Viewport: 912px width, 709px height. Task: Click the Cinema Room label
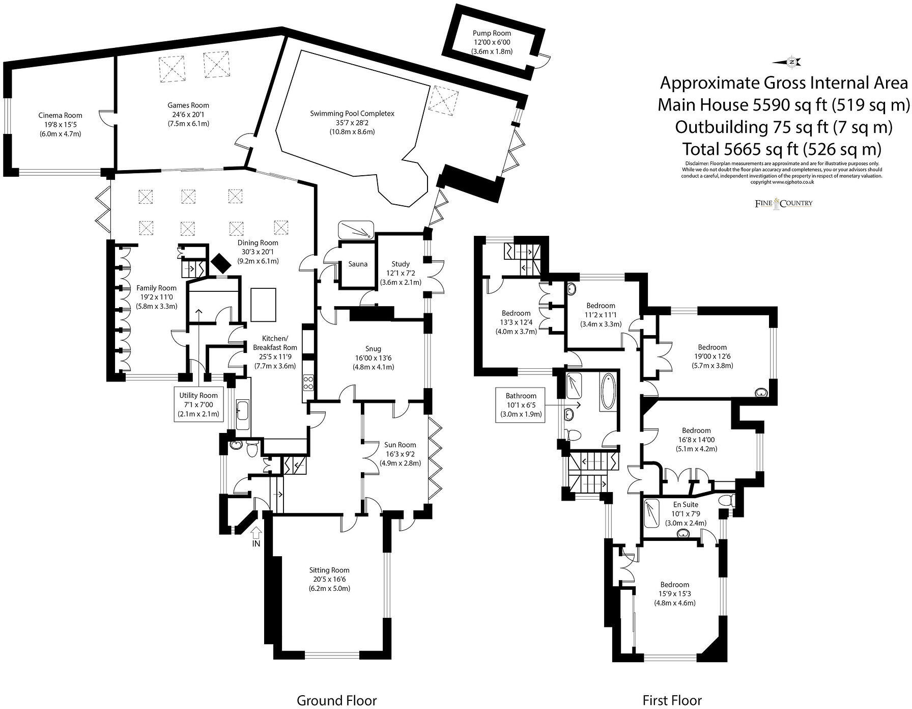click(60, 116)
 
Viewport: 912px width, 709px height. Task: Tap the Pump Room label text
click(491, 34)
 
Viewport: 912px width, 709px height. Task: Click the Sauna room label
click(358, 264)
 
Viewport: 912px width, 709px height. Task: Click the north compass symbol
click(787, 62)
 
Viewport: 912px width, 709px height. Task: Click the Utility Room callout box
click(198, 404)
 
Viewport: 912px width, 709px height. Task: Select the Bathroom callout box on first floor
click(521, 404)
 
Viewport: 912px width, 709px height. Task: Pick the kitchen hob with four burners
click(309, 382)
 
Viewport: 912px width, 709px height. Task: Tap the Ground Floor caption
click(336, 700)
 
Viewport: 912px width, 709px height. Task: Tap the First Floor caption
click(672, 700)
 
